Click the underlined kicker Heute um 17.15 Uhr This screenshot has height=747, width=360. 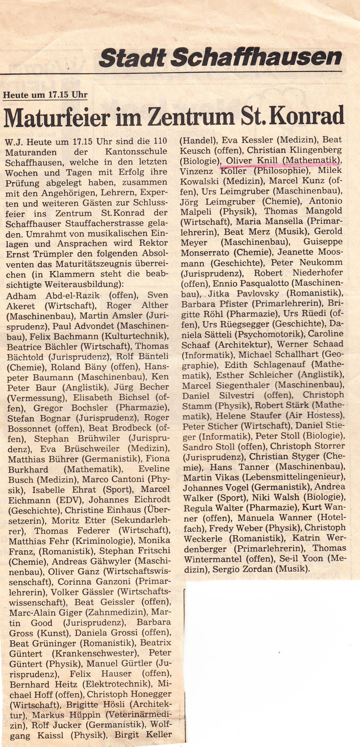point(45,95)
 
